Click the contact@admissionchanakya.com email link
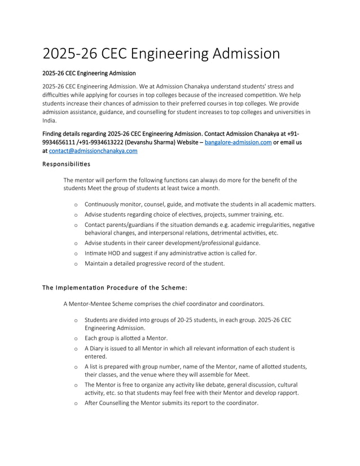93,151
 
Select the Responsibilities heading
66,164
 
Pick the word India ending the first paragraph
50,120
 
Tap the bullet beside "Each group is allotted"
76,338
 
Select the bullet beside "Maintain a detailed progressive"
76,263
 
